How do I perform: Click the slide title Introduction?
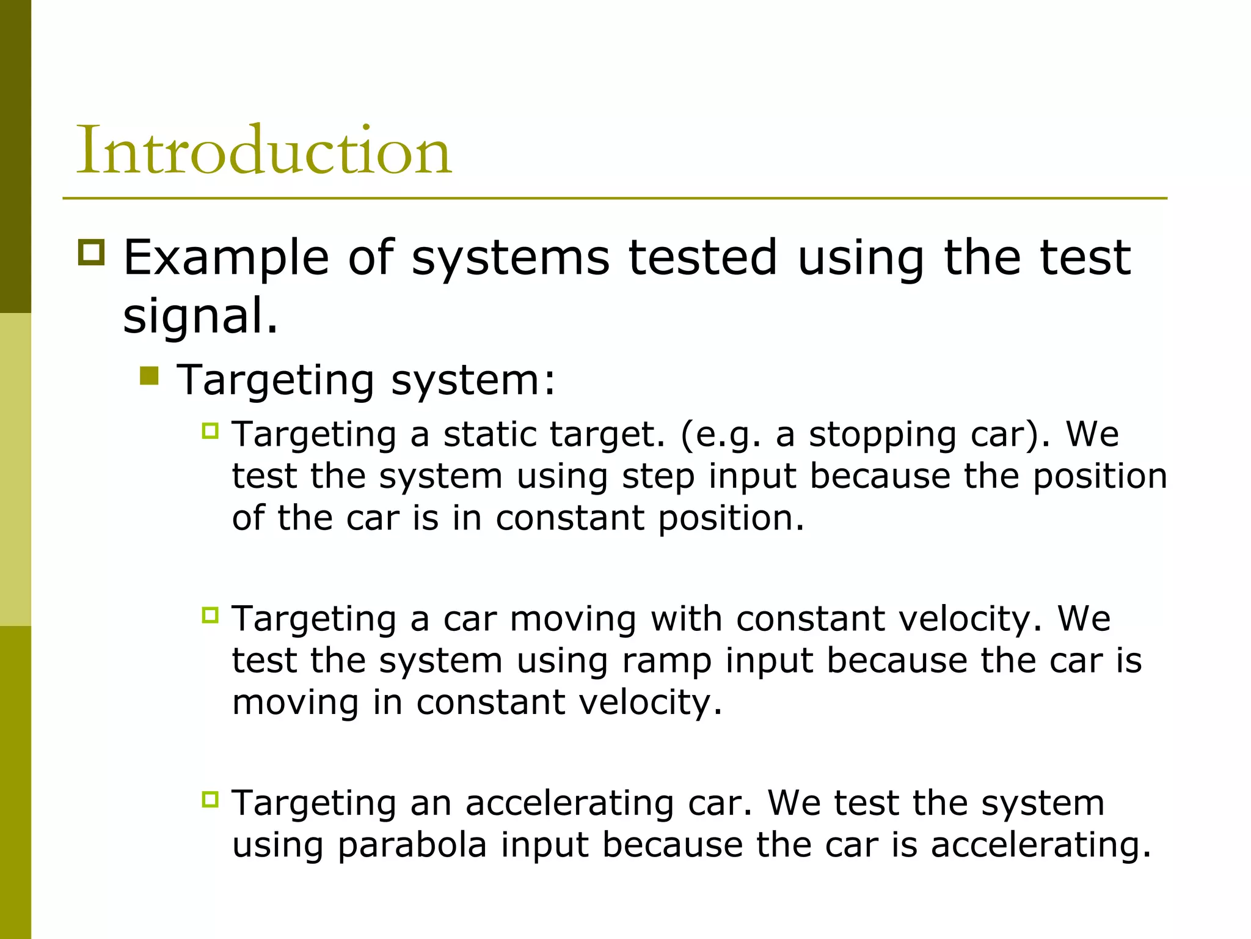pyautogui.click(x=263, y=150)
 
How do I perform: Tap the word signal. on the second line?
pyautogui.click(x=200, y=315)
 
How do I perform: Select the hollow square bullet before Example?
pyautogui.click(x=92, y=252)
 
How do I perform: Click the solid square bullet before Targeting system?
pyautogui.click(x=149, y=375)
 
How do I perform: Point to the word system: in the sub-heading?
pyautogui.click(x=473, y=380)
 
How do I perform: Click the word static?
pyautogui.click(x=489, y=435)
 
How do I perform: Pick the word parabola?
pyautogui.click(x=412, y=845)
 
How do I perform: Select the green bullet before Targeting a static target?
pyautogui.click(x=210, y=431)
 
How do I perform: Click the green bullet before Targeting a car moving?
pyautogui.click(x=210, y=615)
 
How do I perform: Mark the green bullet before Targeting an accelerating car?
pyautogui.click(x=210, y=799)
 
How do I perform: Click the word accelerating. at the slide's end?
pyautogui.click(x=1040, y=845)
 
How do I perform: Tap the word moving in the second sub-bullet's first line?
pyautogui.click(x=572, y=619)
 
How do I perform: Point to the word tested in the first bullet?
pyautogui.click(x=702, y=257)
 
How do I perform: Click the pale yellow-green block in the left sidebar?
pyautogui.click(x=15, y=469)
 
